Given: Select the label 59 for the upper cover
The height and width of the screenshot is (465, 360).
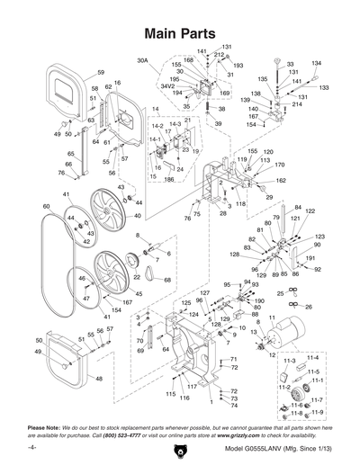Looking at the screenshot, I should [101, 72].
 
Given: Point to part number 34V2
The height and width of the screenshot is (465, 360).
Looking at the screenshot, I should [167, 85].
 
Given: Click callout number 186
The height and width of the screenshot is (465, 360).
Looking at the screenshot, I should [168, 180].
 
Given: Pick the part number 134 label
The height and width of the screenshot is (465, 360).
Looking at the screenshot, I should [316, 64].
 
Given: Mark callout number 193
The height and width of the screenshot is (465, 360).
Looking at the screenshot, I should [238, 66].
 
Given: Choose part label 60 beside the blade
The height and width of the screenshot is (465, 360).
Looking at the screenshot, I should [46, 207].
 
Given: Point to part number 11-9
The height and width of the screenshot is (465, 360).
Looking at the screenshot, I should [316, 411].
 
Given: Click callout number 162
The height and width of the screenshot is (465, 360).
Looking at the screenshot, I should [281, 181].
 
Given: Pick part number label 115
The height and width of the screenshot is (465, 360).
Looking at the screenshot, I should [169, 394].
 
